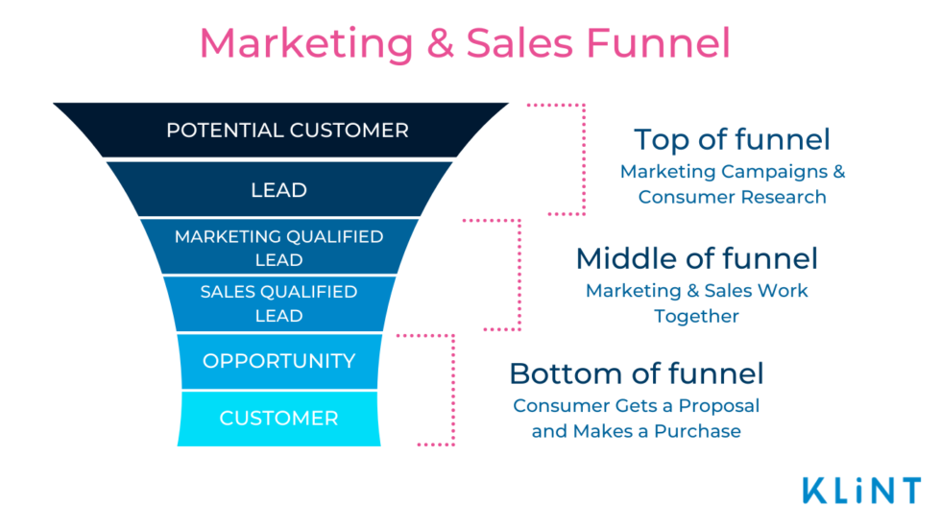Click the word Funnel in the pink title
[659, 43]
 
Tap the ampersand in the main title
[441, 43]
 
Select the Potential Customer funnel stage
[280, 131]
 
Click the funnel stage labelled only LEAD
[279, 189]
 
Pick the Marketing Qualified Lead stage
[279, 247]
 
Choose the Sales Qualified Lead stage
[279, 303]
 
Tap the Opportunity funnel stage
[279, 361]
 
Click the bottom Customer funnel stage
[279, 419]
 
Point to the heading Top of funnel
[732, 140]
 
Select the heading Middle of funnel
[697, 259]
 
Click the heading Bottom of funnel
[636, 373]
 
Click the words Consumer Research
[732, 197]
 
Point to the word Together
[697, 316]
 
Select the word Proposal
[719, 406]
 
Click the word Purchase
[697, 431]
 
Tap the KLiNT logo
[862, 491]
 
